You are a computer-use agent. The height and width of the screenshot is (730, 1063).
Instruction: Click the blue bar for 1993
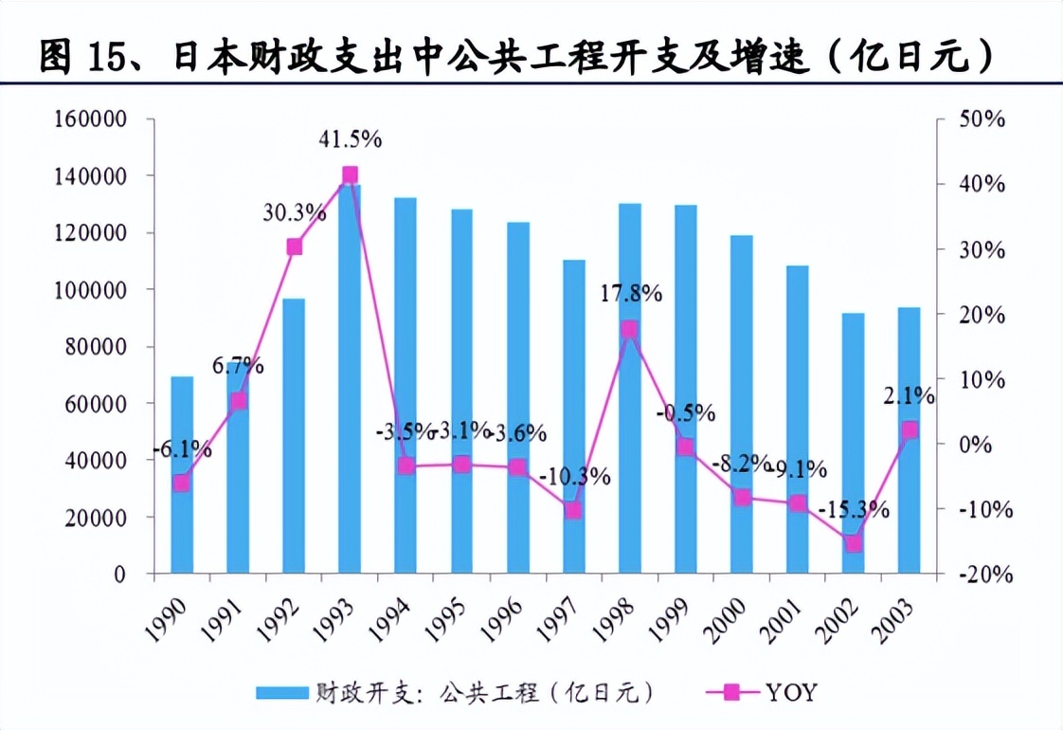(x=350, y=379)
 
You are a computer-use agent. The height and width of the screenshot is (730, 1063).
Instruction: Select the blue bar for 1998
(x=629, y=389)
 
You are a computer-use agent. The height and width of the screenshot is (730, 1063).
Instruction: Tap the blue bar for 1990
(x=182, y=474)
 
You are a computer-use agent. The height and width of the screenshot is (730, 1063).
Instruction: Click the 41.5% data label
(x=350, y=139)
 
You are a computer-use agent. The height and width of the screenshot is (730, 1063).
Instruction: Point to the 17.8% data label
(x=630, y=293)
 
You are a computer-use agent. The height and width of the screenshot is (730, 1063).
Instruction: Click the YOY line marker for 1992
(x=294, y=246)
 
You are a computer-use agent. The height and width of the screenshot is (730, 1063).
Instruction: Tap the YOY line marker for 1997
(x=573, y=511)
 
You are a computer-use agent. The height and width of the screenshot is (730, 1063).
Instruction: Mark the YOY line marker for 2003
(x=909, y=429)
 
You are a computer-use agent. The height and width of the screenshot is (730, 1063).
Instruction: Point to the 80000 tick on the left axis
(x=99, y=347)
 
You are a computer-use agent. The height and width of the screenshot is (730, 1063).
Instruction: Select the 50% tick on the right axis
(x=982, y=119)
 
